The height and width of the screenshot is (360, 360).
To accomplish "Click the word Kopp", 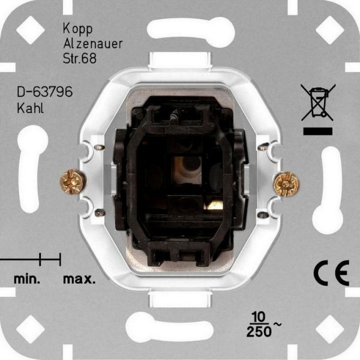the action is click(78, 29).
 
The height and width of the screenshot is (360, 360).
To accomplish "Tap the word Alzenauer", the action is click(93, 44).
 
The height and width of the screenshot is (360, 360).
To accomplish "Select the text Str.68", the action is click(80, 58).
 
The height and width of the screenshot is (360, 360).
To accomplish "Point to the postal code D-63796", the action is click(45, 92).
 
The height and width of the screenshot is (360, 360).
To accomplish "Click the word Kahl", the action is click(31, 108).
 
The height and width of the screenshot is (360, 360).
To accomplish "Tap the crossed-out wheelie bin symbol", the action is click(318, 102).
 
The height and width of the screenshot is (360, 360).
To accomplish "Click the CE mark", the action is click(331, 273).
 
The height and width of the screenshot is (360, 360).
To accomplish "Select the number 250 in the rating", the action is click(259, 332).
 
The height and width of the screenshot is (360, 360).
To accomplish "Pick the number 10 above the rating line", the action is click(259, 317).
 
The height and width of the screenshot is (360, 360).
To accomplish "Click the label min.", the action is click(27, 279).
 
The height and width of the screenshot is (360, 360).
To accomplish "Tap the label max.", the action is click(79, 280).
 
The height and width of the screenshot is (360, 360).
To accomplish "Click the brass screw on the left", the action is click(73, 182).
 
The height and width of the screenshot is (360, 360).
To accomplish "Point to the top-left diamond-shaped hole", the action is click(31, 30).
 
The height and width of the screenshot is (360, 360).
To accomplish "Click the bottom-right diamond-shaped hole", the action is click(330, 329).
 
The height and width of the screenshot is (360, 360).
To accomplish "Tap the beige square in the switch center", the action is click(187, 170).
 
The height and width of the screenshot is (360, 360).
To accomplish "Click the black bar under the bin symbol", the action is click(318, 131).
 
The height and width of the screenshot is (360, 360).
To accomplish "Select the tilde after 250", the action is click(277, 325).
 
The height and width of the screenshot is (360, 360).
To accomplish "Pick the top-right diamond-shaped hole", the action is click(330, 30).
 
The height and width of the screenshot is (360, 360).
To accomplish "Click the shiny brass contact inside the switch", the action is click(214, 205).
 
